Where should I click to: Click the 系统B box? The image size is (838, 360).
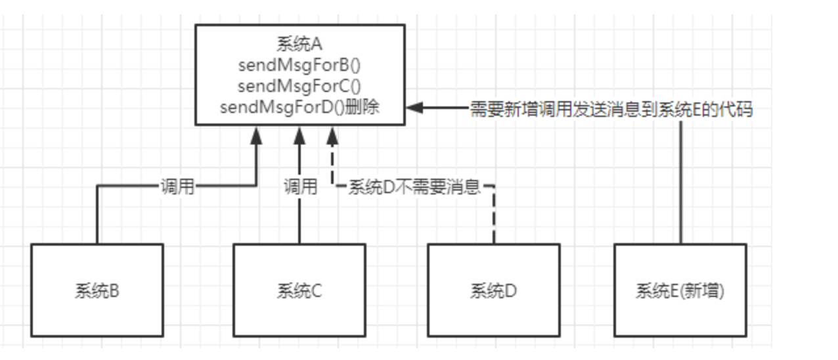(x=97, y=290)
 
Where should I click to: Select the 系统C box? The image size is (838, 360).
(x=299, y=290)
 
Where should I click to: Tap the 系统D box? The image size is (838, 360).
(x=493, y=290)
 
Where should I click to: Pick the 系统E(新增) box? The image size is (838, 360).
(x=680, y=290)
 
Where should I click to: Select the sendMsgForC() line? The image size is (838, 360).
(x=299, y=86)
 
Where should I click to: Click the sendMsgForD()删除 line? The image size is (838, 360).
(x=299, y=107)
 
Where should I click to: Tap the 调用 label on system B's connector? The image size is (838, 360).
(x=177, y=187)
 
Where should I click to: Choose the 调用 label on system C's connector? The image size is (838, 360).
(x=299, y=187)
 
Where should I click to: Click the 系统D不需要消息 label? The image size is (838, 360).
(x=414, y=188)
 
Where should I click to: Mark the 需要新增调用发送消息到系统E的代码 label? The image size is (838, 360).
(x=611, y=110)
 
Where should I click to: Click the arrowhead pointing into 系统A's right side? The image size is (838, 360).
(x=414, y=108)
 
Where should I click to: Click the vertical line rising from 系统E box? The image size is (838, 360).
(x=680, y=184)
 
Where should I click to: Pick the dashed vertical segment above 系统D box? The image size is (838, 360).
(x=493, y=220)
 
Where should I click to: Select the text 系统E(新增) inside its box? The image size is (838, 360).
(x=680, y=290)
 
